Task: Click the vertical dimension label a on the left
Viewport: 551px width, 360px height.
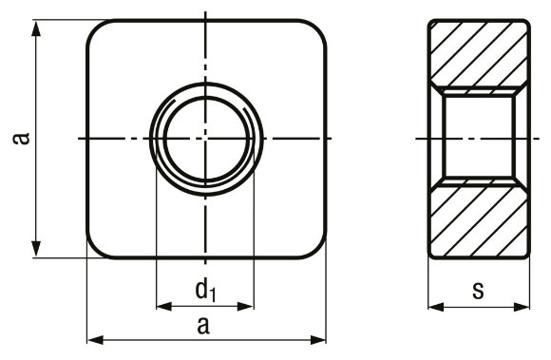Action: point(21,139)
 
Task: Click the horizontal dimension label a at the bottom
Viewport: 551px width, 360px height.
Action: point(203,325)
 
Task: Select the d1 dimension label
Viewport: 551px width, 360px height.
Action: point(205,290)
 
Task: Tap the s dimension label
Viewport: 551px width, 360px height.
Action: point(478,291)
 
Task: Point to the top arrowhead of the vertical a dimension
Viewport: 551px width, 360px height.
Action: point(36,28)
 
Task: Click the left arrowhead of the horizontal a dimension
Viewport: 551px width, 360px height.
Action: point(95,340)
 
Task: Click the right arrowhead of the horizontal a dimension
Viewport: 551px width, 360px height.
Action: point(318,340)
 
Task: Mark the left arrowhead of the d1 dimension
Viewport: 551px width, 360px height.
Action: point(164,307)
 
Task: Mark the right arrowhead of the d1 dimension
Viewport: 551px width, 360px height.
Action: point(245,307)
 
